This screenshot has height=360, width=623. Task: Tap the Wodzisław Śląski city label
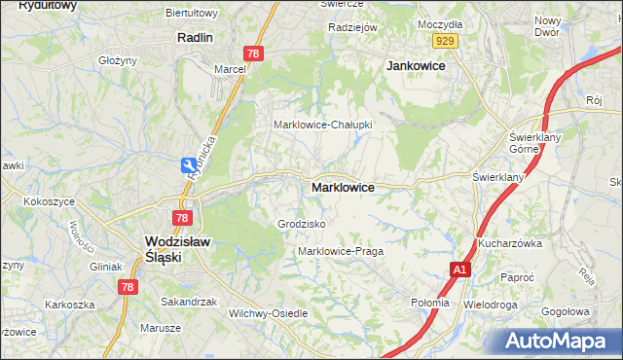pyautogui.click(x=171, y=249)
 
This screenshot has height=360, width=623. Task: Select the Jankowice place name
pyautogui.click(x=416, y=65)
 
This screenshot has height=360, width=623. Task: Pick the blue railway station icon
pyautogui.click(x=186, y=167)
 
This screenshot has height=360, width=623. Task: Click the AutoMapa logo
pyautogui.click(x=556, y=341)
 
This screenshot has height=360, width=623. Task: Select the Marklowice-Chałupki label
pyautogui.click(x=322, y=125)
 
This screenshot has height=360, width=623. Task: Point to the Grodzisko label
pyautogui.click(x=301, y=224)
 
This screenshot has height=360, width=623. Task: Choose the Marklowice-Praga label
pyautogui.click(x=341, y=251)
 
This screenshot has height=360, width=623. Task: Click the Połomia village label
pyautogui.click(x=430, y=303)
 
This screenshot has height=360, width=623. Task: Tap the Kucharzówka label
pyautogui.click(x=509, y=243)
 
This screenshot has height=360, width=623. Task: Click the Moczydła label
pyautogui.click(x=439, y=22)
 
